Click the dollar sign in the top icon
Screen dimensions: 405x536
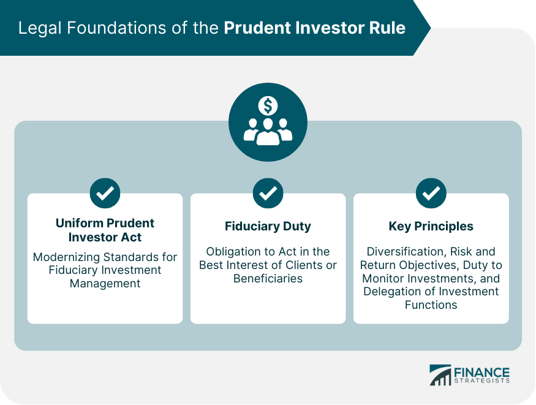click(x=268, y=107)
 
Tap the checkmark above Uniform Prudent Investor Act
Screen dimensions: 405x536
click(x=105, y=193)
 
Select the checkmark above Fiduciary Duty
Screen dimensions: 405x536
click(x=268, y=193)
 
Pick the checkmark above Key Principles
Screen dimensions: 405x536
click(x=431, y=193)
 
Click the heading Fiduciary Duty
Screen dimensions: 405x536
click(x=268, y=226)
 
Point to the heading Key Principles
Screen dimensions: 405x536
click(x=431, y=226)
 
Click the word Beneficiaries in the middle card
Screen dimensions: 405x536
click(x=268, y=278)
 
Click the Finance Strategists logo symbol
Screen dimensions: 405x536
click(x=440, y=375)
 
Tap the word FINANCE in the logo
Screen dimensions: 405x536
click(x=481, y=372)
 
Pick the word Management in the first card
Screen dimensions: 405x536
click(x=105, y=284)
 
